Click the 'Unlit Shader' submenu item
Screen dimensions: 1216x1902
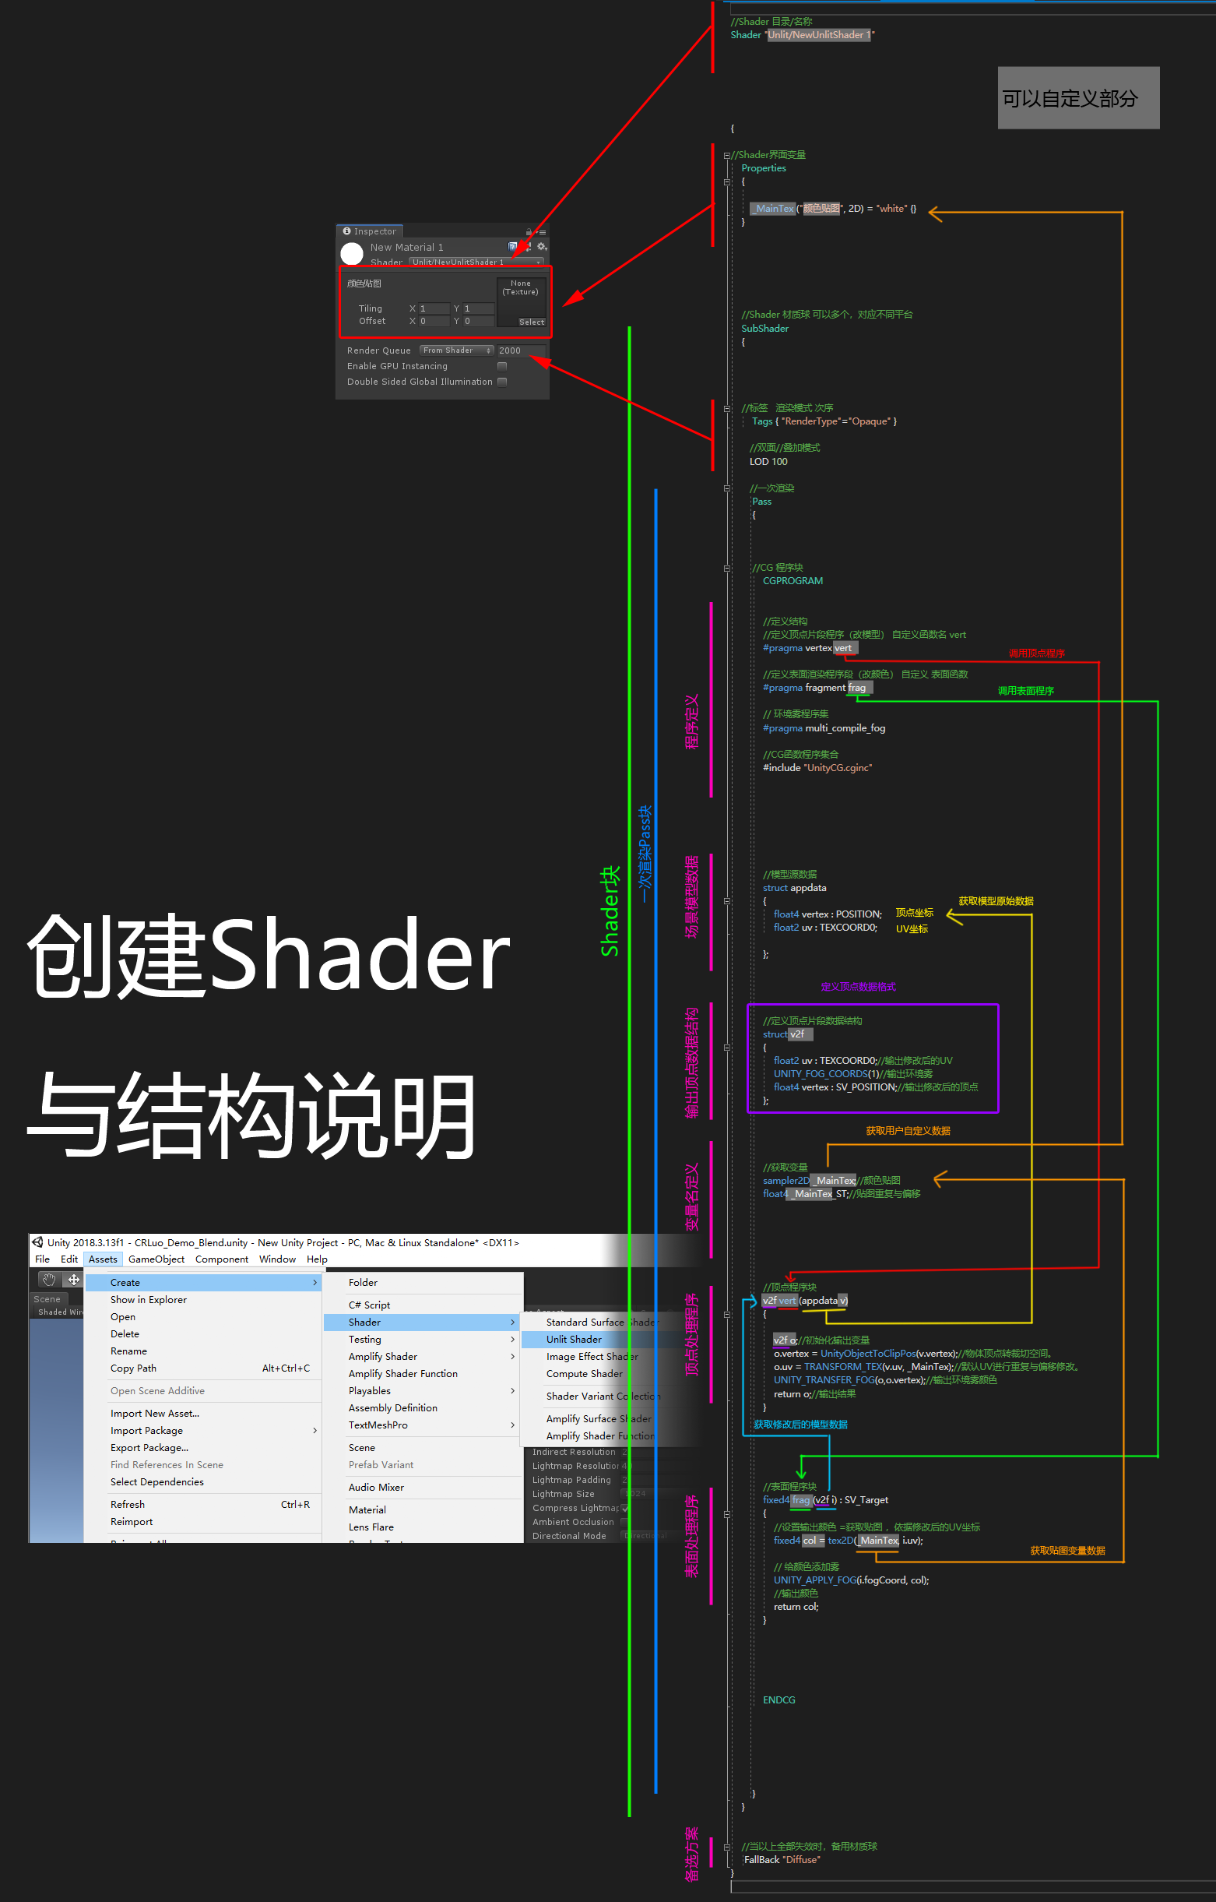[x=574, y=1339]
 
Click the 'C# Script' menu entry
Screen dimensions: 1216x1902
[x=369, y=1305]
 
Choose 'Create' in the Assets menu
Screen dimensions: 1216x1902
[x=125, y=1282]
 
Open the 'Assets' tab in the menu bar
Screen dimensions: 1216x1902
[x=103, y=1259]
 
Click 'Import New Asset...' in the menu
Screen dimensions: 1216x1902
[x=155, y=1413]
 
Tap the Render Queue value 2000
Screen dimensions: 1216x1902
[x=510, y=350]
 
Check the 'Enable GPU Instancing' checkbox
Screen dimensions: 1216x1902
[x=502, y=367]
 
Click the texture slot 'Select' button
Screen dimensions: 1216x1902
[x=532, y=322]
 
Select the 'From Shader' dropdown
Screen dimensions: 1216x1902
[x=456, y=350]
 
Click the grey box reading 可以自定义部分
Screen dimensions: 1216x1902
[x=1077, y=98]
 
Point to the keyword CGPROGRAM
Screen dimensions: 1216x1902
[x=792, y=580]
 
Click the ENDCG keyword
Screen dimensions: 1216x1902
[x=778, y=1699]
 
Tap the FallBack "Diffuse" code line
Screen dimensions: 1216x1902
[x=782, y=1859]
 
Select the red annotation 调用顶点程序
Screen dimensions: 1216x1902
[x=1036, y=653]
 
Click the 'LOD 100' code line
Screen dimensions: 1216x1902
[x=768, y=461]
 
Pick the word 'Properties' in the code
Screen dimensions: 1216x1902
[x=763, y=168]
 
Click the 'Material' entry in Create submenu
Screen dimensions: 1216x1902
[x=367, y=1509]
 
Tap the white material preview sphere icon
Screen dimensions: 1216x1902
[x=351, y=254]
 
